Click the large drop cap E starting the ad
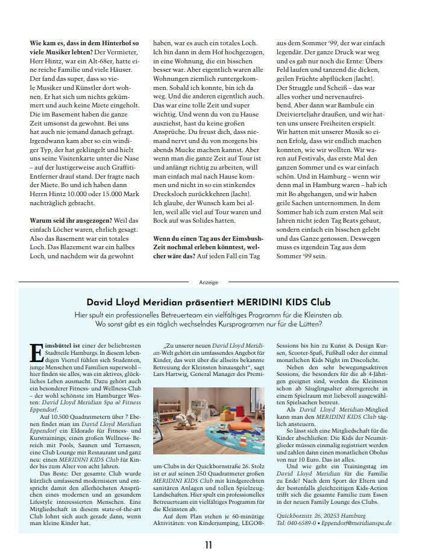pos(34,352)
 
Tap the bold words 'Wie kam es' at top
pos(48,44)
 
